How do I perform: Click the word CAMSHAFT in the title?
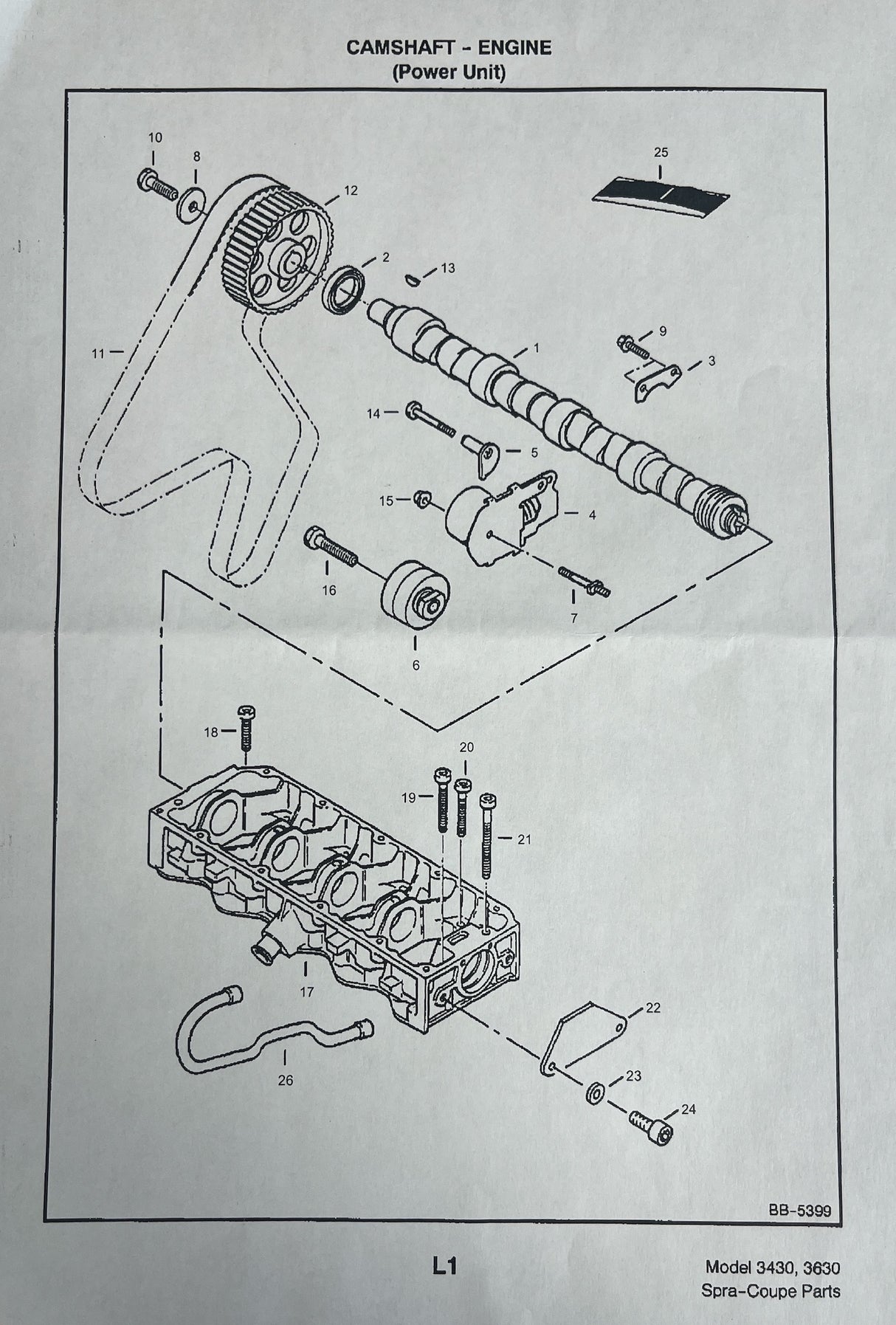point(393,48)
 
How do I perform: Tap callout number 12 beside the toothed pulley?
point(351,190)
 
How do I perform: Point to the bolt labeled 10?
point(159,185)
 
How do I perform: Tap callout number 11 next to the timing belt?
point(97,353)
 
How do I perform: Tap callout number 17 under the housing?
point(307,992)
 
